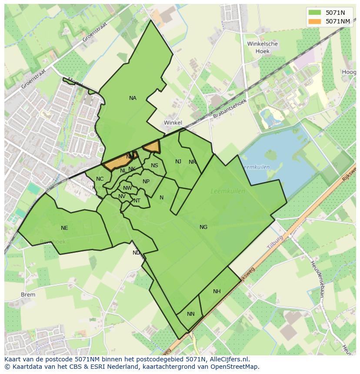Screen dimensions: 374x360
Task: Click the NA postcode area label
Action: click(x=133, y=98)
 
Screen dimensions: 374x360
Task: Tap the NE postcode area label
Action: click(x=64, y=228)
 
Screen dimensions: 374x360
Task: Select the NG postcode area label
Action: click(x=203, y=227)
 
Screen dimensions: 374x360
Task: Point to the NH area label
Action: click(x=217, y=291)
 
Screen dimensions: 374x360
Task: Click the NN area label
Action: click(x=191, y=314)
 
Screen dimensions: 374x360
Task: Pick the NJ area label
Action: click(x=178, y=162)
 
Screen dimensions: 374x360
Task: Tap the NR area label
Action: click(x=192, y=162)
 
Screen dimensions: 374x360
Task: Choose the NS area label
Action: click(x=154, y=165)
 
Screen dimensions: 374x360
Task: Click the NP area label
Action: click(x=146, y=182)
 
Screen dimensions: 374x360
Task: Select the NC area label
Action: click(x=100, y=179)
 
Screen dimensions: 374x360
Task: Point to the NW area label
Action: click(x=127, y=188)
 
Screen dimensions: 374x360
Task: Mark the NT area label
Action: click(x=137, y=201)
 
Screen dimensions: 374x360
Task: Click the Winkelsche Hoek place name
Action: click(x=262, y=47)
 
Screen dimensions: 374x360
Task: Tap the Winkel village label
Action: click(x=173, y=123)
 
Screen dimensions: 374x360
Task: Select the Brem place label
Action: click(x=28, y=295)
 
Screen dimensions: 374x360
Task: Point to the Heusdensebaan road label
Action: click(x=317, y=278)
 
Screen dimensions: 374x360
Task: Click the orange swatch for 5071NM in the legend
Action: click(x=315, y=21)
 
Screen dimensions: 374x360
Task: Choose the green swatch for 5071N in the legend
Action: click(x=315, y=12)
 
